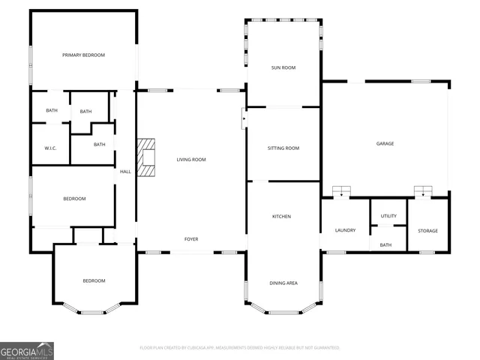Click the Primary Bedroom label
pos(83,55)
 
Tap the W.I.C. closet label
pos(52,148)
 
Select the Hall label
pos(125,172)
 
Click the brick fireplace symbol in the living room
pos(146,157)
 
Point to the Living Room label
pos(191,160)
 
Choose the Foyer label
pos(191,239)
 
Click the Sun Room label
pos(283,67)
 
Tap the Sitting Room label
pos(283,148)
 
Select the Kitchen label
pos(281,217)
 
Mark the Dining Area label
pos(283,283)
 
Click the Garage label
pos(385,143)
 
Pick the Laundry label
pos(345,230)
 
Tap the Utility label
pos(388,216)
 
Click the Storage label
pos(427,230)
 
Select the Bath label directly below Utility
pos(385,245)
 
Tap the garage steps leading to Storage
pos(424,192)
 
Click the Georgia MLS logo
pos(27,351)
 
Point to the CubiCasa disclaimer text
pos(240,348)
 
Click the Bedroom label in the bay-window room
pos(94,280)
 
